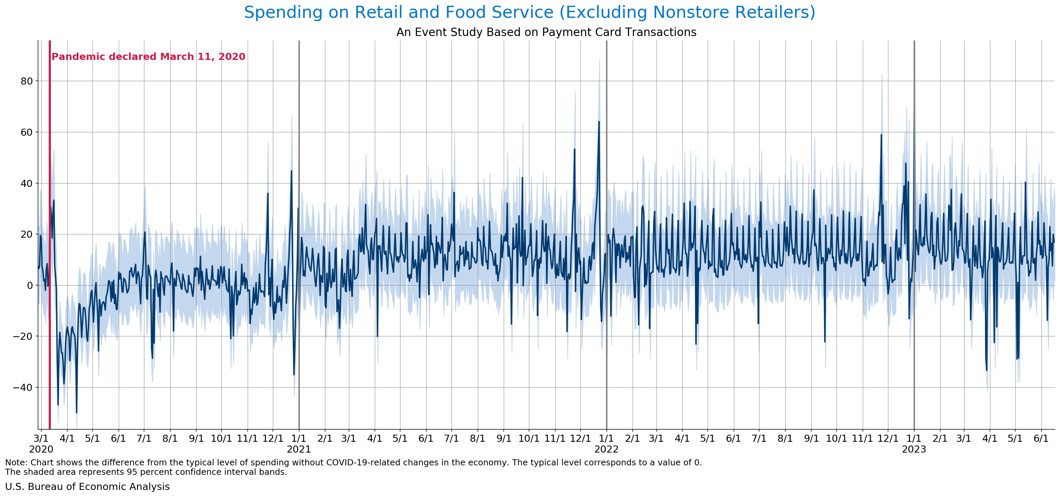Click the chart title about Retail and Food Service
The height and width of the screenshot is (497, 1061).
click(530, 12)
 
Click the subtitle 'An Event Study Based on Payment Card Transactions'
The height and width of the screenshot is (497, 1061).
click(546, 32)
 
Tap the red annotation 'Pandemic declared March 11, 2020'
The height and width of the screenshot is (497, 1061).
click(148, 57)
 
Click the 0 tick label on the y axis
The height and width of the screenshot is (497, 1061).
click(30, 285)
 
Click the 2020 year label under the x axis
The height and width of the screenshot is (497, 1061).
click(41, 449)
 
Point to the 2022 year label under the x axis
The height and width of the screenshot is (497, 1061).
click(606, 449)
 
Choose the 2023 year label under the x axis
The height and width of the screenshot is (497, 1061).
click(914, 449)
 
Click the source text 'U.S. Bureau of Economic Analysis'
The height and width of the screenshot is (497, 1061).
click(87, 487)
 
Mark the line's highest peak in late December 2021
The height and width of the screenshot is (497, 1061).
click(599, 122)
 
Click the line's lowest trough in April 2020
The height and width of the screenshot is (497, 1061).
click(77, 412)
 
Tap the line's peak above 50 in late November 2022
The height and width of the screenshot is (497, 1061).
click(881, 135)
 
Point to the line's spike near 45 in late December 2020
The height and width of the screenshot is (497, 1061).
click(292, 171)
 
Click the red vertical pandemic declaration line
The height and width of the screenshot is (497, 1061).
click(50, 247)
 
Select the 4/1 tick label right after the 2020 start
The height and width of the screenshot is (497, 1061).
click(67, 438)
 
